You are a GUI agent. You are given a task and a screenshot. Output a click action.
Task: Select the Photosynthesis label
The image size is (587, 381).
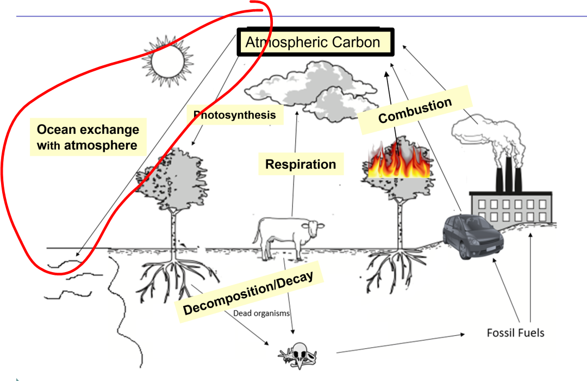[x=235, y=115]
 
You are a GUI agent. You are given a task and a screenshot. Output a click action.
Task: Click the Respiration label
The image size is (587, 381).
[x=301, y=164]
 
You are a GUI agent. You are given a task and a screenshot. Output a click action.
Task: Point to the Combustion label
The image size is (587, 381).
[x=415, y=110]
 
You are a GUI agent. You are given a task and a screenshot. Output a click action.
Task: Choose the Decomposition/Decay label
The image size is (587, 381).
[x=248, y=293]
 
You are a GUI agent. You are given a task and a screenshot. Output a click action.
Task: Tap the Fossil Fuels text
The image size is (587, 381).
[x=515, y=332]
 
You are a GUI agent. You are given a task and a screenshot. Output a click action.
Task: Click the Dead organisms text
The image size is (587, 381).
[x=261, y=313]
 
